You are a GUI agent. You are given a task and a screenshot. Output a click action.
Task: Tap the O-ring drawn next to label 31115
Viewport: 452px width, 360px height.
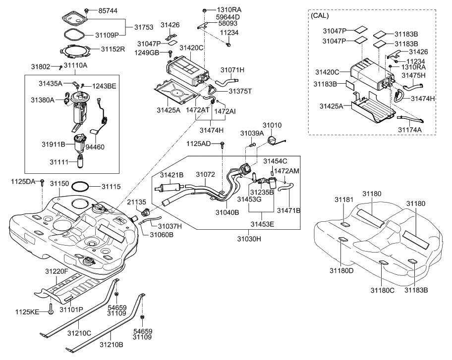pyautogui.click(x=81, y=187)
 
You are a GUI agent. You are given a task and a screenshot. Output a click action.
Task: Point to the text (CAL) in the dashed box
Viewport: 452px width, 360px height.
pyautogui.click(x=320, y=16)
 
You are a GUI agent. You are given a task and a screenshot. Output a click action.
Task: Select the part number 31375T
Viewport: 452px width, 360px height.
pyautogui.click(x=240, y=91)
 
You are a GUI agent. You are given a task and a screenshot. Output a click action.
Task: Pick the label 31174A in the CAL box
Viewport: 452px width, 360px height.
pyautogui.click(x=409, y=129)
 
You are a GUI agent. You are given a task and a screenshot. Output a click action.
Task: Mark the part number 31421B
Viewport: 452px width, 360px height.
pyautogui.click(x=171, y=175)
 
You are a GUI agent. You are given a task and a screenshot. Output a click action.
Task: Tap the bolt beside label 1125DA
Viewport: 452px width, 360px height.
pyautogui.click(x=43, y=182)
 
